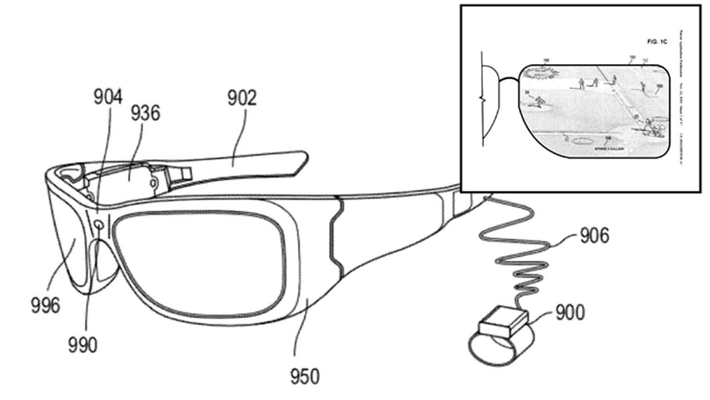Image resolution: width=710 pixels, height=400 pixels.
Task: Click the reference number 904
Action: [108, 98]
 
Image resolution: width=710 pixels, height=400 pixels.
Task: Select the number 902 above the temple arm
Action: [242, 99]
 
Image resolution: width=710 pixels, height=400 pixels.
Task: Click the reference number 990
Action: [82, 345]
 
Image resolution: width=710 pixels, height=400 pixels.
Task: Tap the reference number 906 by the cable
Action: [594, 235]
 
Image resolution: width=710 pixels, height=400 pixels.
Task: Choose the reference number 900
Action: [569, 313]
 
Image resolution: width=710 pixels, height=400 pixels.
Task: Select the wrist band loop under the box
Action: [497, 349]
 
